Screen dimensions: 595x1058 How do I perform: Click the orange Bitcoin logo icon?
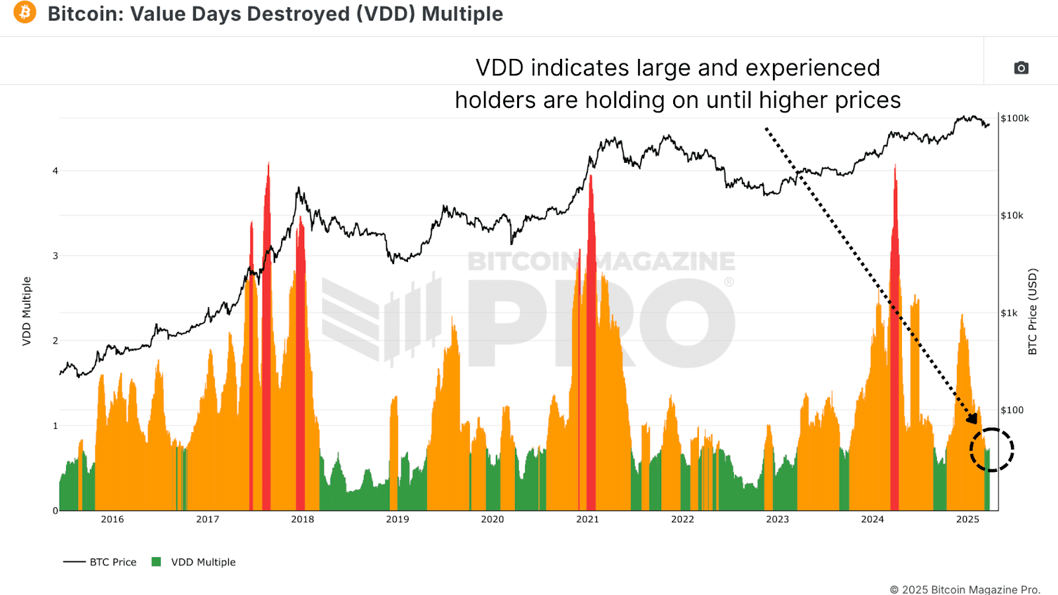[x=25, y=12]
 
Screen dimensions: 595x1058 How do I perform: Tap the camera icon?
[x=1021, y=68]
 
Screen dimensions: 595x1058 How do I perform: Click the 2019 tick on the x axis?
[x=397, y=520]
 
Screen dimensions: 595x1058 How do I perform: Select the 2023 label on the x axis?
[x=778, y=520]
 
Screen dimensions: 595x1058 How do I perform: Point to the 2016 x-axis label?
[x=112, y=520]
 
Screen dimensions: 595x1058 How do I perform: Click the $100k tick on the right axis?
[x=1014, y=118]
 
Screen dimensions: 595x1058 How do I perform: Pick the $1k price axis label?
[x=1009, y=313]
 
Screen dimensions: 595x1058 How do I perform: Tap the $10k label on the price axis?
[x=1012, y=216]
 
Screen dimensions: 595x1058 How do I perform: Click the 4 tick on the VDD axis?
[x=56, y=171]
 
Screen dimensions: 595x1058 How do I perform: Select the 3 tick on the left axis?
[x=56, y=255]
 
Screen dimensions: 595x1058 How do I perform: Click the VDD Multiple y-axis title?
[x=26, y=311]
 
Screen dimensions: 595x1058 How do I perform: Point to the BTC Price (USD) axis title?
[x=1033, y=311]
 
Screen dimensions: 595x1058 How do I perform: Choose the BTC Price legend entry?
[x=100, y=562]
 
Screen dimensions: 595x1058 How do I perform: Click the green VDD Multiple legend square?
[x=157, y=562]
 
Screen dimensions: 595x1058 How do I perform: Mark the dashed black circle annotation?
[x=992, y=450]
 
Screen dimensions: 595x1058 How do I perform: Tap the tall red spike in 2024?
[x=895, y=265]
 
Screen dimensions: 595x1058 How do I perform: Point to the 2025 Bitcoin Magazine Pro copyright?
[x=965, y=589]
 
